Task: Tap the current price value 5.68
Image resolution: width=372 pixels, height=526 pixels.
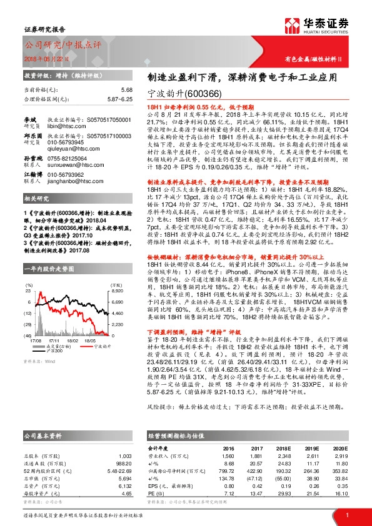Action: (x=126, y=89)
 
